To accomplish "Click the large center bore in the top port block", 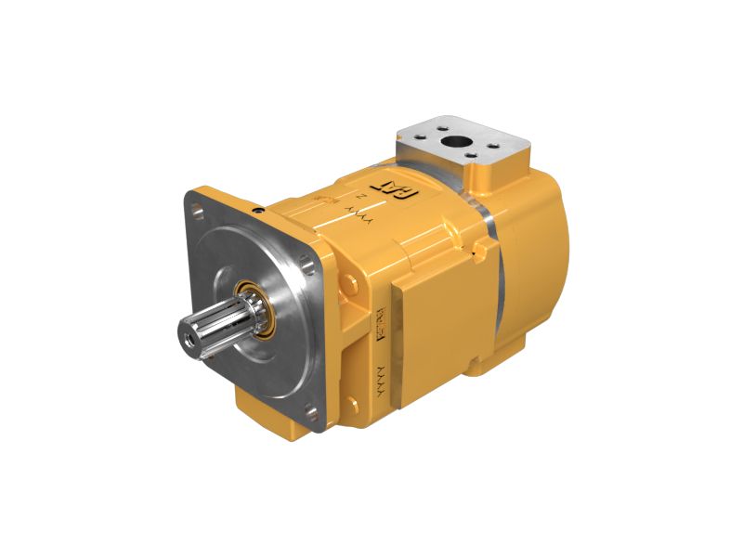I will [455, 142].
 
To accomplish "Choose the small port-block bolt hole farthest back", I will [444, 125].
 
